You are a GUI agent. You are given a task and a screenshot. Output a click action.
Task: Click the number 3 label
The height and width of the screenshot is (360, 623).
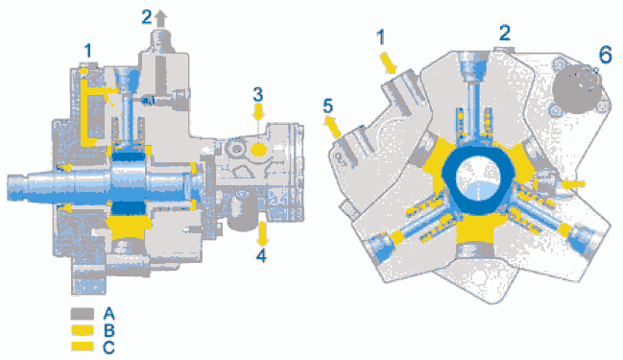[258, 95]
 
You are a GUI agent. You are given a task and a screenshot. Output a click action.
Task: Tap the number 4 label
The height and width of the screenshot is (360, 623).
[261, 255]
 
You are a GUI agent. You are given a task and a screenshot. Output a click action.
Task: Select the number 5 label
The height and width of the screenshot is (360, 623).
[328, 107]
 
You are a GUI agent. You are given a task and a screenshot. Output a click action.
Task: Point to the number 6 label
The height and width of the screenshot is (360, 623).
[605, 55]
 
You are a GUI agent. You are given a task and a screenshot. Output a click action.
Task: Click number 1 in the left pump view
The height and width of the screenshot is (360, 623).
[87, 51]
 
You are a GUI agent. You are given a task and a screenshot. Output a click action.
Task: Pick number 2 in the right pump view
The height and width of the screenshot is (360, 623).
[505, 33]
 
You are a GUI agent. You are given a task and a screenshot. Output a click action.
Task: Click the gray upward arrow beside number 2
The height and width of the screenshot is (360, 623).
[160, 18]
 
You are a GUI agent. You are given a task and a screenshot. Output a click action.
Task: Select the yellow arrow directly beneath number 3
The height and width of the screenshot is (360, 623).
[258, 112]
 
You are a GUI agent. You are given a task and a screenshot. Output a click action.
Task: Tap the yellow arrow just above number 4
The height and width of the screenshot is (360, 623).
[262, 234]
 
